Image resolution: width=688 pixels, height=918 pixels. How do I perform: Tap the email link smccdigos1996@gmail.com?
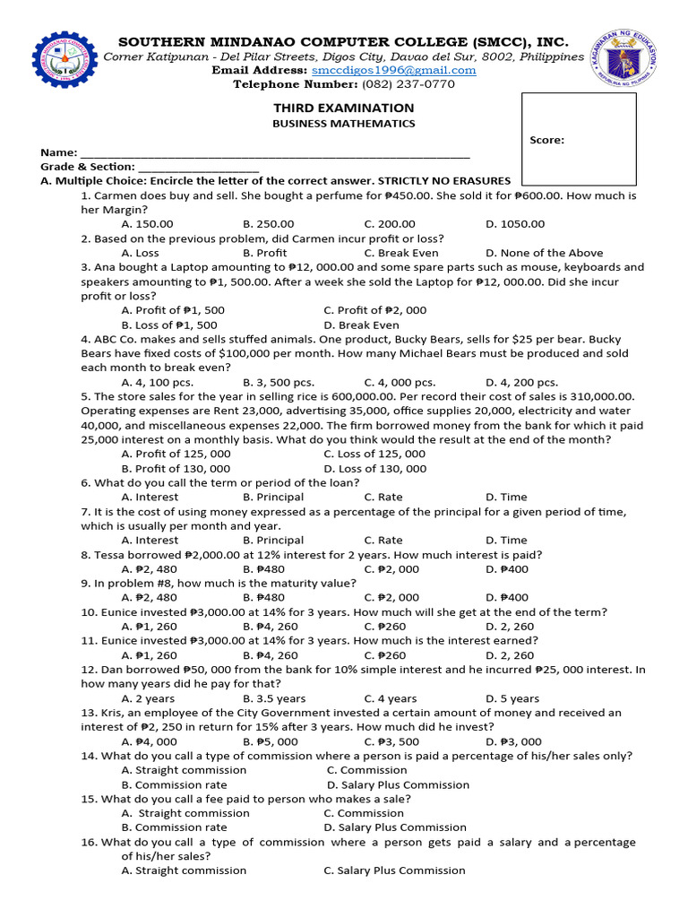coord(393,70)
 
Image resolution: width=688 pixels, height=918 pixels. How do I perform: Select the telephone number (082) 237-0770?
coord(408,84)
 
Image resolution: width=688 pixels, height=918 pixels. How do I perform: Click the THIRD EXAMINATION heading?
coord(343,108)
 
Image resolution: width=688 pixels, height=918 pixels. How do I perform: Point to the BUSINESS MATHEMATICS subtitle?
coord(343,124)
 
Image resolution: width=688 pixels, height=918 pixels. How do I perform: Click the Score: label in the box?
coord(546,140)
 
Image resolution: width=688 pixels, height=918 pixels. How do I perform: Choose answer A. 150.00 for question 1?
coord(147,224)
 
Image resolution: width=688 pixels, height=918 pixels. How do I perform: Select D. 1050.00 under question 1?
coord(514,224)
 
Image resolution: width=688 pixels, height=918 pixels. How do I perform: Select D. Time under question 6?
coord(506,497)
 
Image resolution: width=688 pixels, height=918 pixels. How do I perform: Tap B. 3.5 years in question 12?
coord(273,698)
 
